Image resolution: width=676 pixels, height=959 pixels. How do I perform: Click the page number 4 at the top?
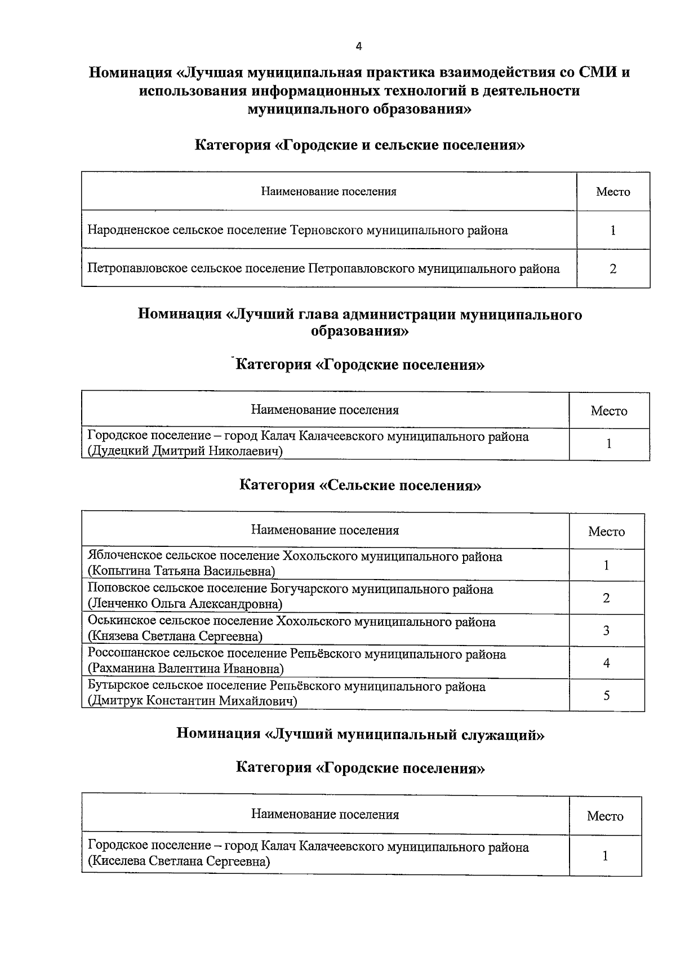pos(359,47)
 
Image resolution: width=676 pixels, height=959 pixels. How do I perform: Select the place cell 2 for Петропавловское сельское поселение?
pos(612,269)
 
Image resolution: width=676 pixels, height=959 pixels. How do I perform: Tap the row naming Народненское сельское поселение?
pos(297,230)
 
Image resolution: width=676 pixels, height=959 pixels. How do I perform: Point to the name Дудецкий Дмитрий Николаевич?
pos(185,451)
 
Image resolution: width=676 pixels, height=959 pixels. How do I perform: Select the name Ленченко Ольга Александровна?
pos(185,604)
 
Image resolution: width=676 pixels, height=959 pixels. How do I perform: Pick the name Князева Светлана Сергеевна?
pos(175,637)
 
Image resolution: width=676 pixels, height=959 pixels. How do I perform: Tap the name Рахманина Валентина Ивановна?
pos(185,669)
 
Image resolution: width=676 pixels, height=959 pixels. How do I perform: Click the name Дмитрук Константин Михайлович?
pos(192,701)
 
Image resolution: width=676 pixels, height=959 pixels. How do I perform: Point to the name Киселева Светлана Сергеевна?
pos(179,862)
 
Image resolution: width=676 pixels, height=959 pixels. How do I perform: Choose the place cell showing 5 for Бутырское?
pos(606,696)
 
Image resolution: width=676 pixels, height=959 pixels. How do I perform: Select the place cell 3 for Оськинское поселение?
pos(606,630)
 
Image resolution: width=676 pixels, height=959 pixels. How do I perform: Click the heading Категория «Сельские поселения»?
pos(360,485)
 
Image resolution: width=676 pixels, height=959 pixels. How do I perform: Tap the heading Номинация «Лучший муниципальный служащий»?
pos(360,733)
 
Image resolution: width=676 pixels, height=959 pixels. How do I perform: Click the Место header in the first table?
pos(613,192)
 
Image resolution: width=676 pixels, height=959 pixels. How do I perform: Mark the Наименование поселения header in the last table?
pos(325,815)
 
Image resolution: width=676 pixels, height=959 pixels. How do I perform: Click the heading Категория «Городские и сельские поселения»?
pos(360,145)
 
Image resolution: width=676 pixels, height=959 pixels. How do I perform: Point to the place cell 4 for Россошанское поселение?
pos(606,663)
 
